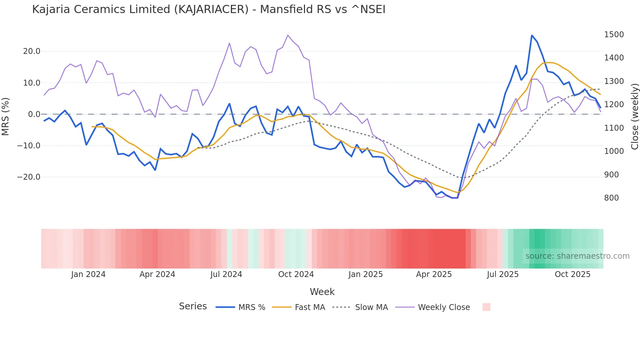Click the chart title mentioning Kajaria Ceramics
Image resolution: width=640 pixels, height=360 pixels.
click(209, 9)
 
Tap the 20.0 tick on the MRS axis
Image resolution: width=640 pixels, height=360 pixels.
click(32, 51)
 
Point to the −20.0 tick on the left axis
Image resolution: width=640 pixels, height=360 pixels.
click(29, 177)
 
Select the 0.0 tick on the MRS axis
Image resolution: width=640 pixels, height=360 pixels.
click(34, 114)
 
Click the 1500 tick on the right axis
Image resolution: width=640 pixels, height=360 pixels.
click(614, 35)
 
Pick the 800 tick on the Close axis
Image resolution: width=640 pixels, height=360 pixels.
click(611, 198)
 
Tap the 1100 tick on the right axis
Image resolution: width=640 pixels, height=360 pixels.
click(614, 128)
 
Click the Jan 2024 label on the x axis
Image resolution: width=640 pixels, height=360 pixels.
click(88, 274)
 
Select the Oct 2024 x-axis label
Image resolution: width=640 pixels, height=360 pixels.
click(296, 274)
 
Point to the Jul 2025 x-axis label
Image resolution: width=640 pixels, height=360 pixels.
click(503, 274)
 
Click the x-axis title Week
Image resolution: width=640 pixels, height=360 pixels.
click(322, 292)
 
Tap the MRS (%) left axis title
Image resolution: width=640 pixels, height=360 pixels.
click(6, 116)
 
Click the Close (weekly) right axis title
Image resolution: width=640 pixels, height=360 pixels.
click(634, 116)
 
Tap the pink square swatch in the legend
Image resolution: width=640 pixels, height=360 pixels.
click(486, 307)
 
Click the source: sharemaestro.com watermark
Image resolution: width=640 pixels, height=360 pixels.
click(577, 256)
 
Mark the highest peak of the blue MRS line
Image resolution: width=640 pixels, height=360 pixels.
click(532, 35)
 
